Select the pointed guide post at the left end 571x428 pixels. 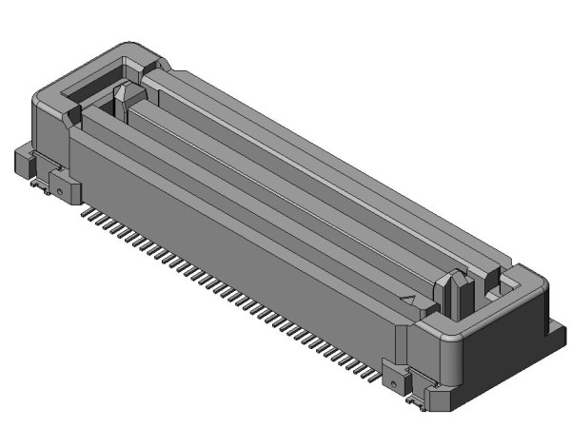point(124,99)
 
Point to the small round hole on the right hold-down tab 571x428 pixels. point(393,383)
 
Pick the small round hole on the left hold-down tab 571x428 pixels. point(60,190)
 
